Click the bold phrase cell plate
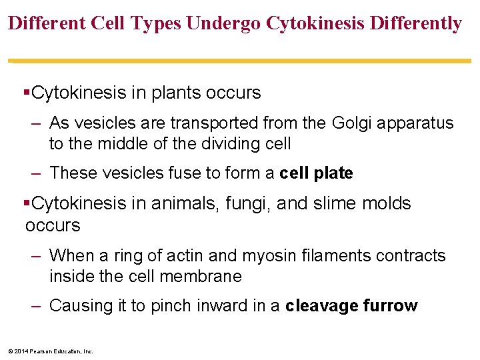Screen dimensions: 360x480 pyautogui.click(x=316, y=173)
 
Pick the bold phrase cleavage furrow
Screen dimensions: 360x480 pyautogui.click(x=351, y=306)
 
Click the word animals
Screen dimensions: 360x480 pyautogui.click(x=207, y=203)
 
